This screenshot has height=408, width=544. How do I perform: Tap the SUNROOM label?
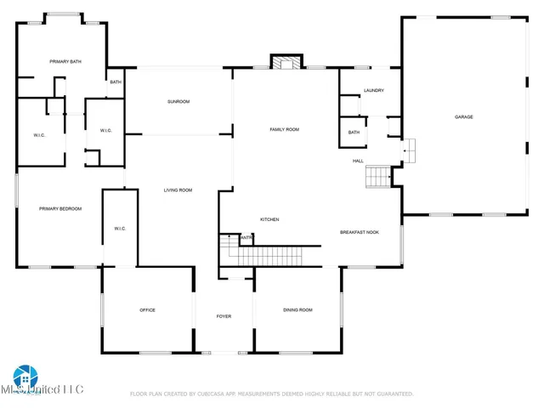[x=178, y=102]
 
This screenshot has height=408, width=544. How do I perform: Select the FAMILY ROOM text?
[x=284, y=129]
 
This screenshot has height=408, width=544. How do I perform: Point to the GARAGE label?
[x=463, y=116]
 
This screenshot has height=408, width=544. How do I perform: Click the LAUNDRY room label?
[x=374, y=91]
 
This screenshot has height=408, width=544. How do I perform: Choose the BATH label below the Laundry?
[x=354, y=132]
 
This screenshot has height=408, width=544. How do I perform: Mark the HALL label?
[x=359, y=161]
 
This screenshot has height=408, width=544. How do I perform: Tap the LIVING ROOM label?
[x=178, y=190]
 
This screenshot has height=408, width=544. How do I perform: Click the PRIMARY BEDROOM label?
[x=60, y=208]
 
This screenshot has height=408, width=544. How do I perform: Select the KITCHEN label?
[x=269, y=219]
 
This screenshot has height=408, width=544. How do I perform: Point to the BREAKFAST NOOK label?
[x=359, y=231]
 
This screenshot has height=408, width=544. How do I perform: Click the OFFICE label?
[x=147, y=310]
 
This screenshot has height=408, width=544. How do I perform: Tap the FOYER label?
[x=224, y=316]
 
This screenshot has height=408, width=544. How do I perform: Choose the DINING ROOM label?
[x=297, y=310]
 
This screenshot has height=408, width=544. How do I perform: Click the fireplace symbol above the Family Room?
[x=286, y=62]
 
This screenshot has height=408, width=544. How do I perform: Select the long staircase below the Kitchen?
[x=275, y=256]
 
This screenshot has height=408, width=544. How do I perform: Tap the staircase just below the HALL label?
[x=377, y=177]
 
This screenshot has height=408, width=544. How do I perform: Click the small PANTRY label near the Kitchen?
[x=246, y=238]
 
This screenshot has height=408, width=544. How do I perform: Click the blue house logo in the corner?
[x=24, y=377]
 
